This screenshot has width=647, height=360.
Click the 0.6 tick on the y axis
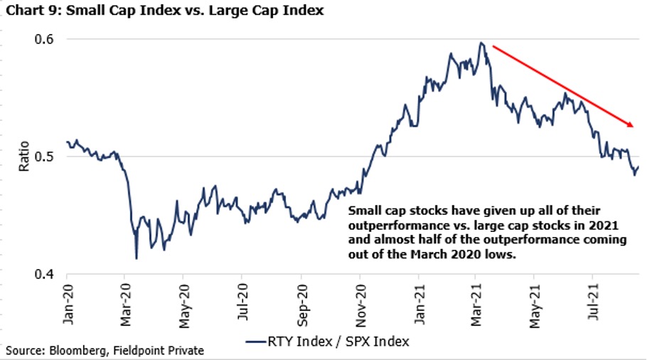coord(44,39)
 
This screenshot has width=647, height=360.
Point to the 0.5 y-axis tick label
coord(44,157)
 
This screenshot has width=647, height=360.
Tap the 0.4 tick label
coord(44,274)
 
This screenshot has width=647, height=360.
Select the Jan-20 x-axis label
coord(68,305)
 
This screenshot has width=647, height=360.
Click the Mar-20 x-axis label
coord(126,305)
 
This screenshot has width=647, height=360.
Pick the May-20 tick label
coord(184,306)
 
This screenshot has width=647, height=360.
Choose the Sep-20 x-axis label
coord(302,305)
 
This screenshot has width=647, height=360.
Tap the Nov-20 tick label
coord(360,305)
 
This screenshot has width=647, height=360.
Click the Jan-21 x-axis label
coord(419,305)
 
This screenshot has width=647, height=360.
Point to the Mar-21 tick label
coord(476,305)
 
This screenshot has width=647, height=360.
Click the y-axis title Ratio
coord(24,156)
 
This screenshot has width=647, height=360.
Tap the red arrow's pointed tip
coord(633,127)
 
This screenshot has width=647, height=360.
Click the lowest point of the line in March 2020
coord(137,259)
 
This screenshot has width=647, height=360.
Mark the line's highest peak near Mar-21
coord(481,43)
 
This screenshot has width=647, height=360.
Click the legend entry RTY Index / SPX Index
coord(328,342)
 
